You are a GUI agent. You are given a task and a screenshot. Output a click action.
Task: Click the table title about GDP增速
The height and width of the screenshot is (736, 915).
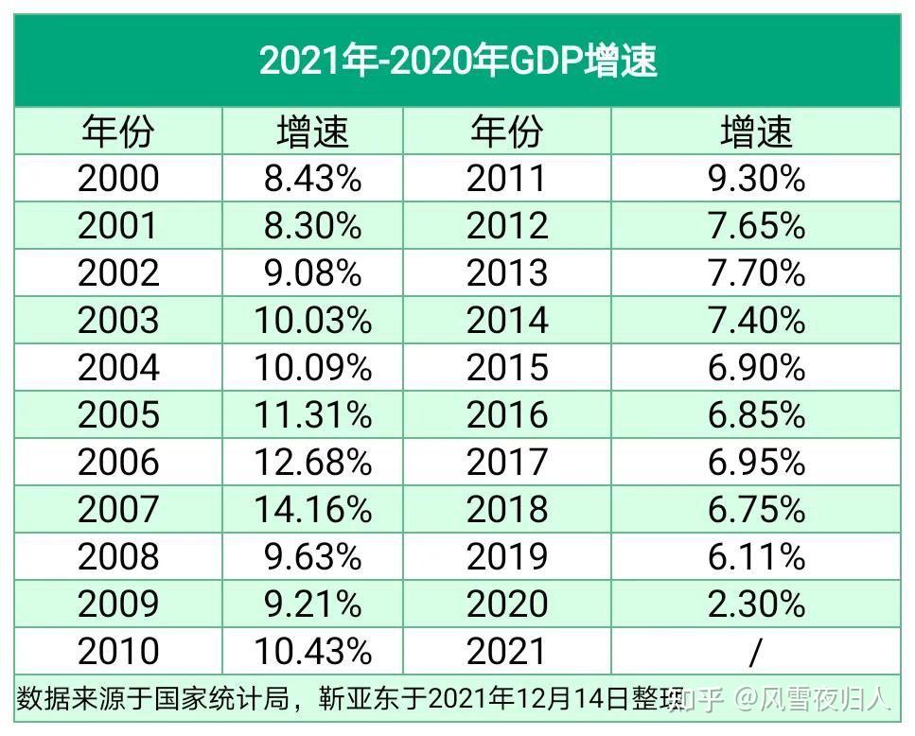(x=458, y=61)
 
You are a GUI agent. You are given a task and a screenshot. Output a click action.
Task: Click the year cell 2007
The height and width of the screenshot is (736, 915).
(x=118, y=510)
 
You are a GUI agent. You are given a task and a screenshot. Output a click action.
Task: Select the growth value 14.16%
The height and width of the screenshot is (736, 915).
(x=312, y=510)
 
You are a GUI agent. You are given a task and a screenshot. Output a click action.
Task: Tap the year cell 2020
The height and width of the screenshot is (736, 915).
(x=507, y=605)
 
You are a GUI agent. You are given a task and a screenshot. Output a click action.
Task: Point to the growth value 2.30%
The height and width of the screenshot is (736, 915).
(x=756, y=605)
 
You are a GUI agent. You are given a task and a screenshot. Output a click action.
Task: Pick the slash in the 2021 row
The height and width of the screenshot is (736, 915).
(x=754, y=652)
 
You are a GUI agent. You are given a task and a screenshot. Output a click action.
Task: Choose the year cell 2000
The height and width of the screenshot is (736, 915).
(x=118, y=179)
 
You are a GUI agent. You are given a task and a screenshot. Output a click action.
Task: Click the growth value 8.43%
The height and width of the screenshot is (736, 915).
(x=312, y=179)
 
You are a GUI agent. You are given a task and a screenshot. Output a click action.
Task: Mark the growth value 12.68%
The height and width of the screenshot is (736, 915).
(x=312, y=463)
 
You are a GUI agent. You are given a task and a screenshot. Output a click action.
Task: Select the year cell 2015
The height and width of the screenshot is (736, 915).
(x=507, y=368)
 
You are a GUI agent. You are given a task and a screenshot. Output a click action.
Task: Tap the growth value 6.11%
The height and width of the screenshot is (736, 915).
(x=756, y=557)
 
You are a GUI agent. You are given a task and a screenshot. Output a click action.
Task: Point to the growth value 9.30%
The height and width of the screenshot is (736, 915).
(x=756, y=179)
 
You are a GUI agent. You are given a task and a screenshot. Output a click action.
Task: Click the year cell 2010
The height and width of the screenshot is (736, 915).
(x=118, y=652)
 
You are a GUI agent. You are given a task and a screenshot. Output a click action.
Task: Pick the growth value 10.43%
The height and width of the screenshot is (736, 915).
(x=312, y=652)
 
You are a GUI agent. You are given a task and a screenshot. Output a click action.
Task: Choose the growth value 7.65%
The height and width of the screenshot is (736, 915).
(x=756, y=226)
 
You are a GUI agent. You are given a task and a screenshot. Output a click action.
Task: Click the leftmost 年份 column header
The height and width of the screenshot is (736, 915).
(x=118, y=131)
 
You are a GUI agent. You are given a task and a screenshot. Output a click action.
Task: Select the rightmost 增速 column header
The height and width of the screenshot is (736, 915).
(x=756, y=131)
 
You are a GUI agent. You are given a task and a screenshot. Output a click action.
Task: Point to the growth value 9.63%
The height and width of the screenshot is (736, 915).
(x=312, y=557)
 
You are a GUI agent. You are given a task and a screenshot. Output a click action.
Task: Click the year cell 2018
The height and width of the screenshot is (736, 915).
(x=507, y=510)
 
